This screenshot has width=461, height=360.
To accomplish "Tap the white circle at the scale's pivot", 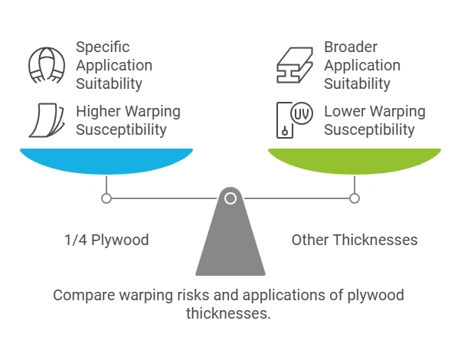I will coord(230,198).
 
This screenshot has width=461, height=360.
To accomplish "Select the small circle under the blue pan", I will coord(106,198).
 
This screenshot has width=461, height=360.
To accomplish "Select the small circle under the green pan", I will coord(354,198).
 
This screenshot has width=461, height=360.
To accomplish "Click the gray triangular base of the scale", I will coord(230,245).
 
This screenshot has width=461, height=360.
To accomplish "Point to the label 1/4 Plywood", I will coord(106,240).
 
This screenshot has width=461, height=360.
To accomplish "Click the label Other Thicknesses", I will coord(355,240).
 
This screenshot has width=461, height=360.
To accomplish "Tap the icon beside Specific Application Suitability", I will coord(46,65).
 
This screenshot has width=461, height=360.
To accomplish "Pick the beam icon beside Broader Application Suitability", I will coord(295,65).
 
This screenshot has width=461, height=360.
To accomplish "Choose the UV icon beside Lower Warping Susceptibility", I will coord(293,119).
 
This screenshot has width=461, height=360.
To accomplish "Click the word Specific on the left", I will coord(103,47).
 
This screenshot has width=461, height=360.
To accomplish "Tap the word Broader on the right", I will coord(351,47).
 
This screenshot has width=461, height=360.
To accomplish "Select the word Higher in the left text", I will coord(96,112).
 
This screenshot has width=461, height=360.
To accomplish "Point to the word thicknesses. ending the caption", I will coord(229,313).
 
